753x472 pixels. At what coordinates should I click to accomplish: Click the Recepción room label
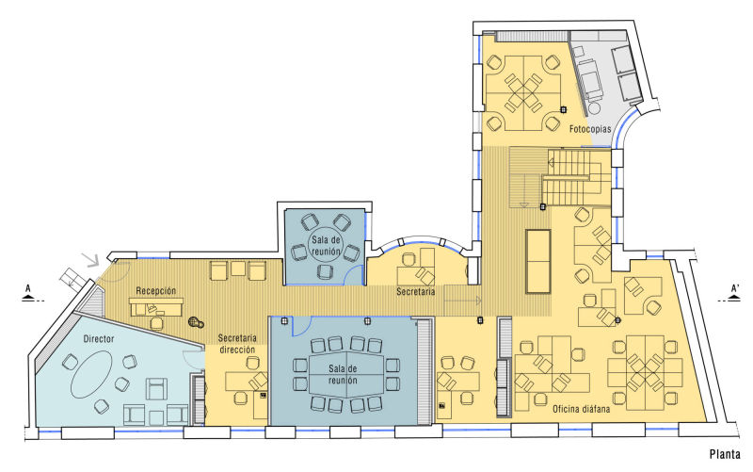tap(156, 291)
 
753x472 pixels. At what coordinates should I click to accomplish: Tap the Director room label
tap(99, 339)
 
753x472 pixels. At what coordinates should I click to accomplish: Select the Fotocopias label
tap(590, 129)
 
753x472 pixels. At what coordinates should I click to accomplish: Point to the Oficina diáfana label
tap(581, 409)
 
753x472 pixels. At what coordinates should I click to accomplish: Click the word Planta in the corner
tap(725, 454)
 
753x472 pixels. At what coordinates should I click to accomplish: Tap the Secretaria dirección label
tap(237, 344)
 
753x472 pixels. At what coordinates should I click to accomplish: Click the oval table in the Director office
tap(91, 374)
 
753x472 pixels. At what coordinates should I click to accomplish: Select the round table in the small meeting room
tap(326, 245)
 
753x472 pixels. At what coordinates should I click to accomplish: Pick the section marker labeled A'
tap(734, 293)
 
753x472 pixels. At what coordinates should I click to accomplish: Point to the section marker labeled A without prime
tap(28, 293)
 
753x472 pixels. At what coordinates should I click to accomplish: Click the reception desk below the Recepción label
tap(156, 307)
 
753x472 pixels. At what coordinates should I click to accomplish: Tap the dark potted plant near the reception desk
tap(196, 321)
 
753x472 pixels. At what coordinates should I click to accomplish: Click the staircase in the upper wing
tap(559, 177)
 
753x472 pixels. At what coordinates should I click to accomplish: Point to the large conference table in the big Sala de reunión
tap(345, 375)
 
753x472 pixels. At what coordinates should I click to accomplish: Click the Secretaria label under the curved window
tap(416, 291)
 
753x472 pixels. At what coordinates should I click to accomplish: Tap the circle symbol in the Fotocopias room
tap(595, 107)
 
